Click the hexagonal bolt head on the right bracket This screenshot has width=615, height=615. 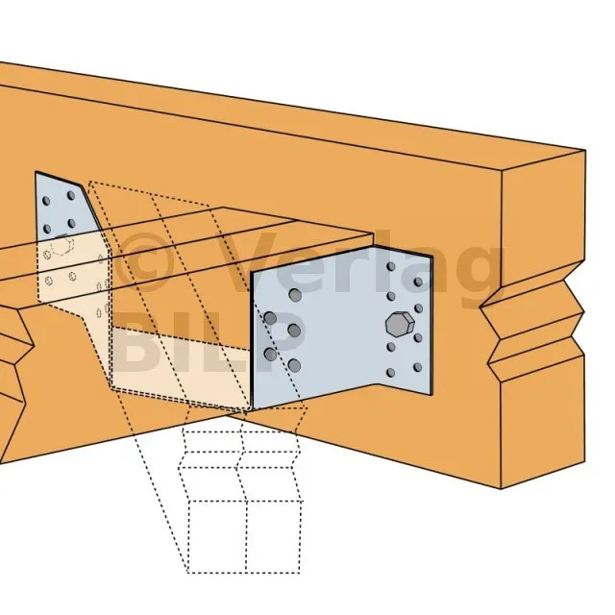(x=400, y=324)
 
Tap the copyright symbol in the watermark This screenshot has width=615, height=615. (x=145, y=262)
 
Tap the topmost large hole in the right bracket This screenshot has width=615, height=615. (x=295, y=295)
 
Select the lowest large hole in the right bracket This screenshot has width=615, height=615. (x=294, y=366)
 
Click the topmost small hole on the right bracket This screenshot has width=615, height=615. (x=391, y=267)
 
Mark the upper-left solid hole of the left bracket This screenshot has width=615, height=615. (x=46, y=201)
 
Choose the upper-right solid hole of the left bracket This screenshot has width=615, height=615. (x=71, y=195)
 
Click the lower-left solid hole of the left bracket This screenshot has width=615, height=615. (x=47, y=229)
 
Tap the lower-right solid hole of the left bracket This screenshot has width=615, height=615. (x=71, y=224)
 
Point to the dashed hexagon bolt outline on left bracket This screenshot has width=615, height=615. (x=61, y=245)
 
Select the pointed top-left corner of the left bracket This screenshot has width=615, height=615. (x=36, y=172)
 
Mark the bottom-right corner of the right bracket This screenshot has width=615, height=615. (x=431, y=395)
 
